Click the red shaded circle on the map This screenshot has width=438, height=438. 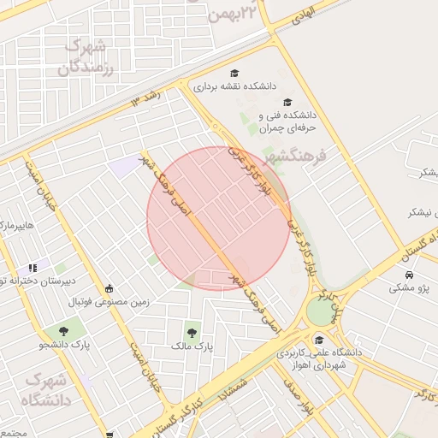tap(219, 218)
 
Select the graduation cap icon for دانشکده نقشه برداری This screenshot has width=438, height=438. tap(234, 74)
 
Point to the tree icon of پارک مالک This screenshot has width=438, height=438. tap(191, 332)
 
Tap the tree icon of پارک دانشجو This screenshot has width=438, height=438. tap(63, 330)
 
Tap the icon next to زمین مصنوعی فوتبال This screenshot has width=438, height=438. tap(109, 288)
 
